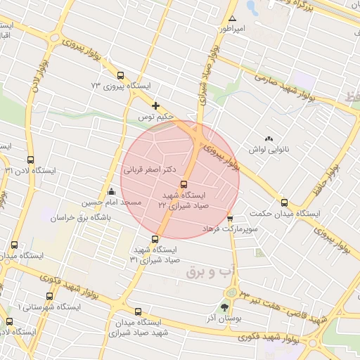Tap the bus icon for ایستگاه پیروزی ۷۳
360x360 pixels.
(x=121, y=75)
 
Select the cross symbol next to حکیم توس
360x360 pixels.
(x=155, y=105)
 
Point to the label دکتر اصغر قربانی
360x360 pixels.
(x=152, y=169)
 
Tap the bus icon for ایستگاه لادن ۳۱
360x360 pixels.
(x=30, y=160)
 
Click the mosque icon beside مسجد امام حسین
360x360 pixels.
(x=110, y=192)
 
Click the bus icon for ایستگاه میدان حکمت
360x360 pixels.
(x=284, y=202)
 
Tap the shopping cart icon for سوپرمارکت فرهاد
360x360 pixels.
(x=230, y=219)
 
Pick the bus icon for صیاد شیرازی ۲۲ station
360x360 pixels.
(x=184, y=185)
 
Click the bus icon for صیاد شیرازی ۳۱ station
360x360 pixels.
(x=155, y=239)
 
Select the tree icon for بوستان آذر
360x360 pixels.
(x=224, y=307)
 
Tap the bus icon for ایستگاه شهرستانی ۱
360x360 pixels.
(x=49, y=296)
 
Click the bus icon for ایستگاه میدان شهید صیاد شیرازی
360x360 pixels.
(x=137, y=311)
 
